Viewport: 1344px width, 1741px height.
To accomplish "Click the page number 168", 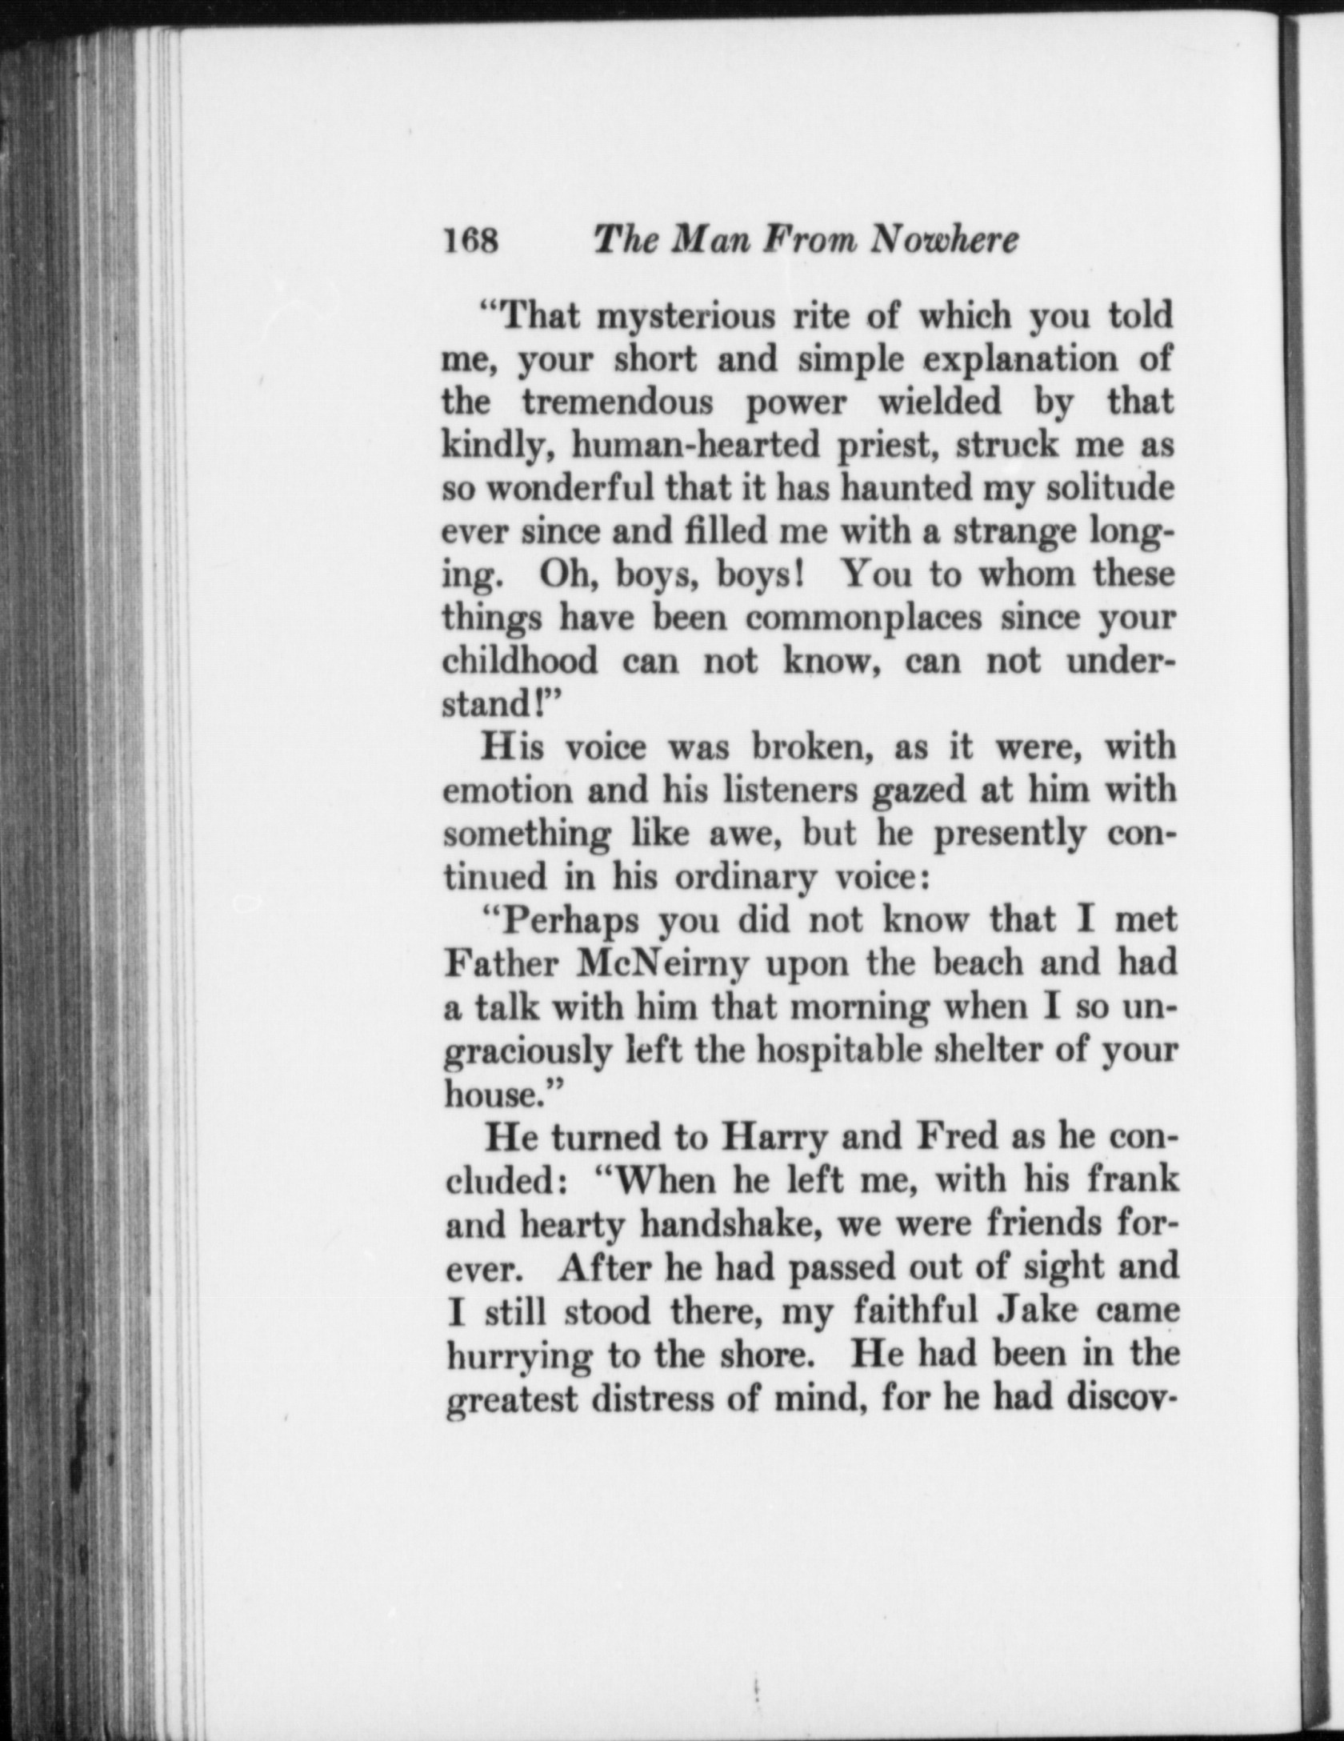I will click(x=471, y=240).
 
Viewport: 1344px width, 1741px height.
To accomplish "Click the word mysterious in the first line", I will click(x=687, y=318).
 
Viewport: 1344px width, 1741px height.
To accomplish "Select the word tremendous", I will click(x=618, y=402).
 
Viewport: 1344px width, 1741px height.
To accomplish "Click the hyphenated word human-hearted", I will click(x=694, y=445).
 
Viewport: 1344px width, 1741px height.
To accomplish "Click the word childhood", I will click(x=520, y=661).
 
